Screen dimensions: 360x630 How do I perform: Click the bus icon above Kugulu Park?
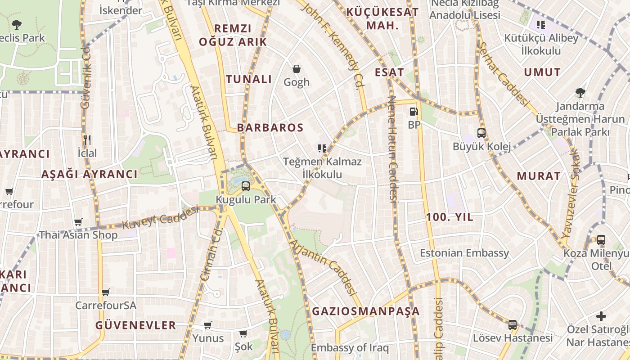point(246,186)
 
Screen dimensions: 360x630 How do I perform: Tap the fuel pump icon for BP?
point(414,112)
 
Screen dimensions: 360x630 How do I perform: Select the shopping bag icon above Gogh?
point(297,69)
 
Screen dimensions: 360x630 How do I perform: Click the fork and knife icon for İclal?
point(87,140)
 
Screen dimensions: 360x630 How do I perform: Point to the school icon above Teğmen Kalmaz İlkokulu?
point(322,148)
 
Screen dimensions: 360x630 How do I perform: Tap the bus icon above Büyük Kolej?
point(481,133)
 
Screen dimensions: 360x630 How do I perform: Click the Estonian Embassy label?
point(464,253)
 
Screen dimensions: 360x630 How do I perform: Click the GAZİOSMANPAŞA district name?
point(366,311)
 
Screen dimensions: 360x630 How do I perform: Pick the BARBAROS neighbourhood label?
point(270,128)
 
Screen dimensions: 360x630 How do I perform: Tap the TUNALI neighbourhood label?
point(249,80)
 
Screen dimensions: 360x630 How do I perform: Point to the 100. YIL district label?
point(450,217)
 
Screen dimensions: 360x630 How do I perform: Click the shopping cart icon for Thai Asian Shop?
point(78,222)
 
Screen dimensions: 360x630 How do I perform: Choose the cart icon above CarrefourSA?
point(106,292)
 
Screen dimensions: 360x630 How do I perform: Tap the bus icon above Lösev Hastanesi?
point(513,325)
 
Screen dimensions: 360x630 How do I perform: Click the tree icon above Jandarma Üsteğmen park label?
point(580,93)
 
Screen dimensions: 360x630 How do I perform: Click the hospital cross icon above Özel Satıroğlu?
point(601,316)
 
